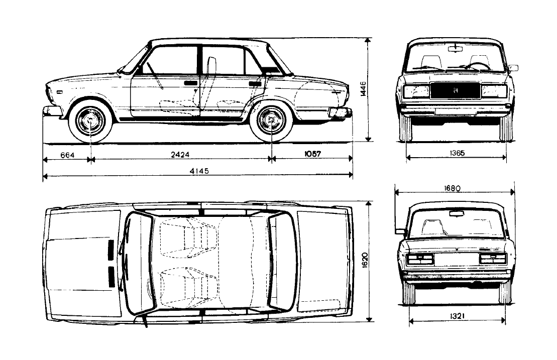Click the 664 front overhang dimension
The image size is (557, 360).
coord(67,155)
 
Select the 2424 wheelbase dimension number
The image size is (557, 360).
coord(180,155)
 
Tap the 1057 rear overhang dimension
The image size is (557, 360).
coord(312,154)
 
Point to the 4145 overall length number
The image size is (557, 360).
coord(199,171)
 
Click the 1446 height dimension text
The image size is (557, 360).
coord(363,88)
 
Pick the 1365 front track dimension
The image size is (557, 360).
coord(457,153)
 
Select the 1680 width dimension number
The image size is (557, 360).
coord(452,188)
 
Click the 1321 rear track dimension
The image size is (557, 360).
coord(457,316)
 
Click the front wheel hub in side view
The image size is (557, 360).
coord(90,121)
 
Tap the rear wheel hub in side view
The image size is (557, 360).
coord(271,120)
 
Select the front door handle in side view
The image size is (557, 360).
coord(191,83)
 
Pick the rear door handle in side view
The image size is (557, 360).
coord(255,84)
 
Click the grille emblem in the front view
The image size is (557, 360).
coord(455,90)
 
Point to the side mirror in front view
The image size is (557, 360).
coord(513,68)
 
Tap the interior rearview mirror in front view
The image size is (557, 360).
coord(455,49)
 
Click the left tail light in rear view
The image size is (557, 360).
coord(420,259)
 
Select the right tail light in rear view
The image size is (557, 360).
coord(493,259)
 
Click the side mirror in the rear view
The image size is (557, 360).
coord(400,231)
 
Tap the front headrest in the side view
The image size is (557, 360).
coord(211,66)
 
